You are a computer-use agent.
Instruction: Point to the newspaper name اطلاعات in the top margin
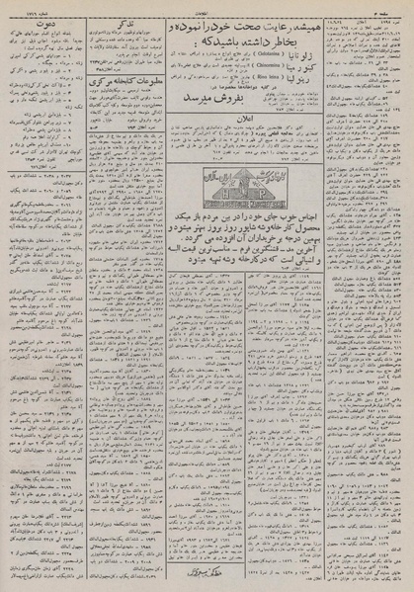click(x=208, y=5)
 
